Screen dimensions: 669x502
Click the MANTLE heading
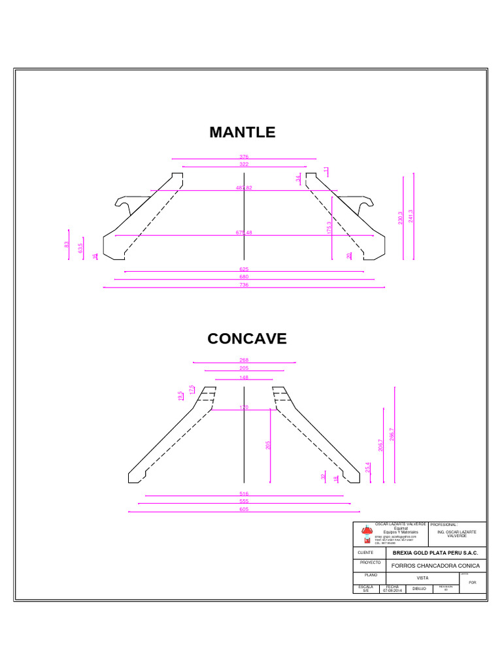pyautogui.click(x=243, y=132)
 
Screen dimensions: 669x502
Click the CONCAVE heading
pyautogui.click(x=247, y=338)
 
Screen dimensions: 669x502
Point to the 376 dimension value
pyautogui.click(x=244, y=157)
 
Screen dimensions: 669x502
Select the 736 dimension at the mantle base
pyautogui.click(x=244, y=285)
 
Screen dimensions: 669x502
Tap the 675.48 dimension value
pyautogui.click(x=244, y=233)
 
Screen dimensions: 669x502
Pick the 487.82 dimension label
pyautogui.click(x=244, y=188)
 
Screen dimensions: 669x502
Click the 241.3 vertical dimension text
pyautogui.click(x=410, y=216)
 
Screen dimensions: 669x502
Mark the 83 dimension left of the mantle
pyautogui.click(x=67, y=244)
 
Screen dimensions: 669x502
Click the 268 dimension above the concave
pyautogui.click(x=244, y=360)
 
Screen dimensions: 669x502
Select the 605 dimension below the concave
pyautogui.click(x=244, y=509)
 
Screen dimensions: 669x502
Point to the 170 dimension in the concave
pyautogui.click(x=244, y=408)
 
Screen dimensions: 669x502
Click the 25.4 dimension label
pyautogui.click(x=368, y=468)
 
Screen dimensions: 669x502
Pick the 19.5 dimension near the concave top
pyautogui.click(x=181, y=396)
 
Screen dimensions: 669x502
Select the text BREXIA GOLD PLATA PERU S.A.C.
pyautogui.click(x=435, y=553)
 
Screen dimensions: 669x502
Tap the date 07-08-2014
pyautogui.click(x=392, y=590)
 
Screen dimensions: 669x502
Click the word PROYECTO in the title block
pyautogui.click(x=370, y=563)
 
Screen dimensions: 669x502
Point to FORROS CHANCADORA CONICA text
pyautogui.click(x=435, y=566)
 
